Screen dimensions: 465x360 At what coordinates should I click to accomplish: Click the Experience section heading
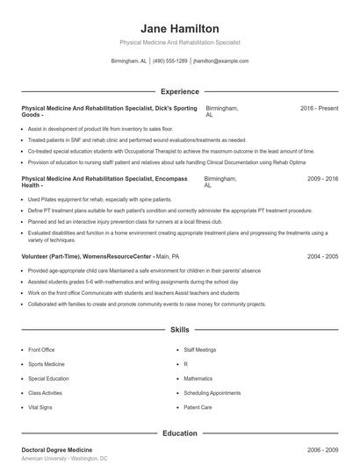pyautogui.click(x=179, y=91)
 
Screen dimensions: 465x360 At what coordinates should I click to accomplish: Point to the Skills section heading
pyautogui.click(x=179, y=330)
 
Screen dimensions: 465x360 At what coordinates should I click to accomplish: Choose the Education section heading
pyautogui.click(x=179, y=433)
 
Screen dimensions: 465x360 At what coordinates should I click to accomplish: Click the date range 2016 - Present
pyautogui.click(x=319, y=108)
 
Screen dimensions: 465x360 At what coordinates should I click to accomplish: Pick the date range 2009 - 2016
pyautogui.click(x=322, y=179)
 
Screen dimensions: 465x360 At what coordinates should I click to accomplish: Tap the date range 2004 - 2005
pyautogui.click(x=322, y=256)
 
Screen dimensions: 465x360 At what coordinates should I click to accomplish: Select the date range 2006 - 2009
pyautogui.click(x=322, y=448)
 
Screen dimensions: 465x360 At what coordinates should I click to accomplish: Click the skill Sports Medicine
pyautogui.click(x=47, y=364)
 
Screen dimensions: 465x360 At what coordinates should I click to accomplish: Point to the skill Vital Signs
pyautogui.click(x=40, y=408)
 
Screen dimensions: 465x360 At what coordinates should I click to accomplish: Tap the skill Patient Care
pyautogui.click(x=198, y=408)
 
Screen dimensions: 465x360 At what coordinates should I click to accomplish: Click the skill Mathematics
pyautogui.click(x=198, y=379)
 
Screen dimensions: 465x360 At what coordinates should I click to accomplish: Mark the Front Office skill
pyautogui.click(x=41, y=350)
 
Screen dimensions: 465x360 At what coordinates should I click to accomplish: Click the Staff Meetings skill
pyautogui.click(x=199, y=350)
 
